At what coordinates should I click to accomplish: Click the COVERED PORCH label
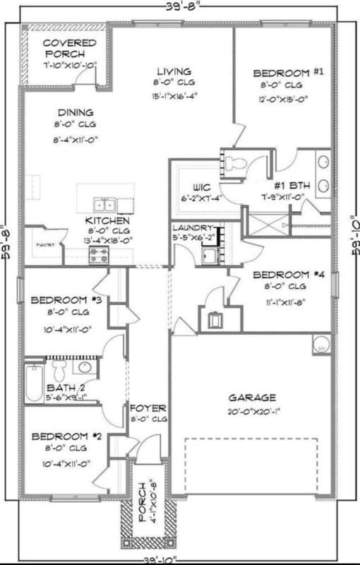(x=64, y=48)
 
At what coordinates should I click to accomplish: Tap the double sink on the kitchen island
(x=105, y=206)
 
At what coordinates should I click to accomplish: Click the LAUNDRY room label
(x=192, y=228)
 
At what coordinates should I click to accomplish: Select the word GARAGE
(x=251, y=398)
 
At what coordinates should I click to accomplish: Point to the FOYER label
(x=148, y=408)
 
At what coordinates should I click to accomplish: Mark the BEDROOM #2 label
(x=68, y=436)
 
